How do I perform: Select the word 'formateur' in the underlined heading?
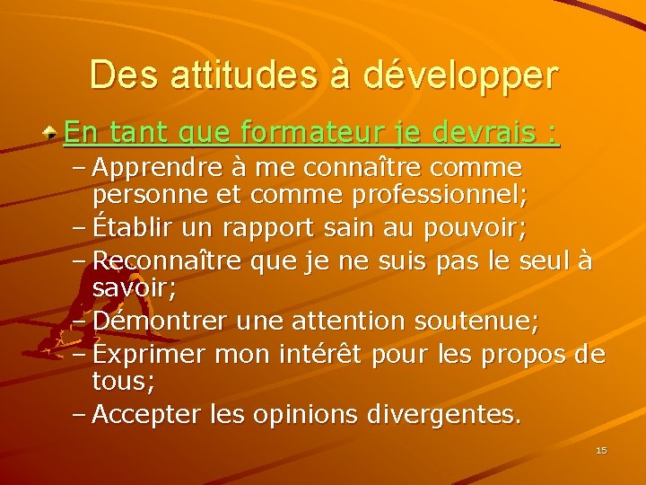tap(303, 133)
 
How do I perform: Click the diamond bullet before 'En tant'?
tap(54, 133)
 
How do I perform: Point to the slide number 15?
tap(601, 450)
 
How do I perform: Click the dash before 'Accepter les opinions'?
tap(79, 415)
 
